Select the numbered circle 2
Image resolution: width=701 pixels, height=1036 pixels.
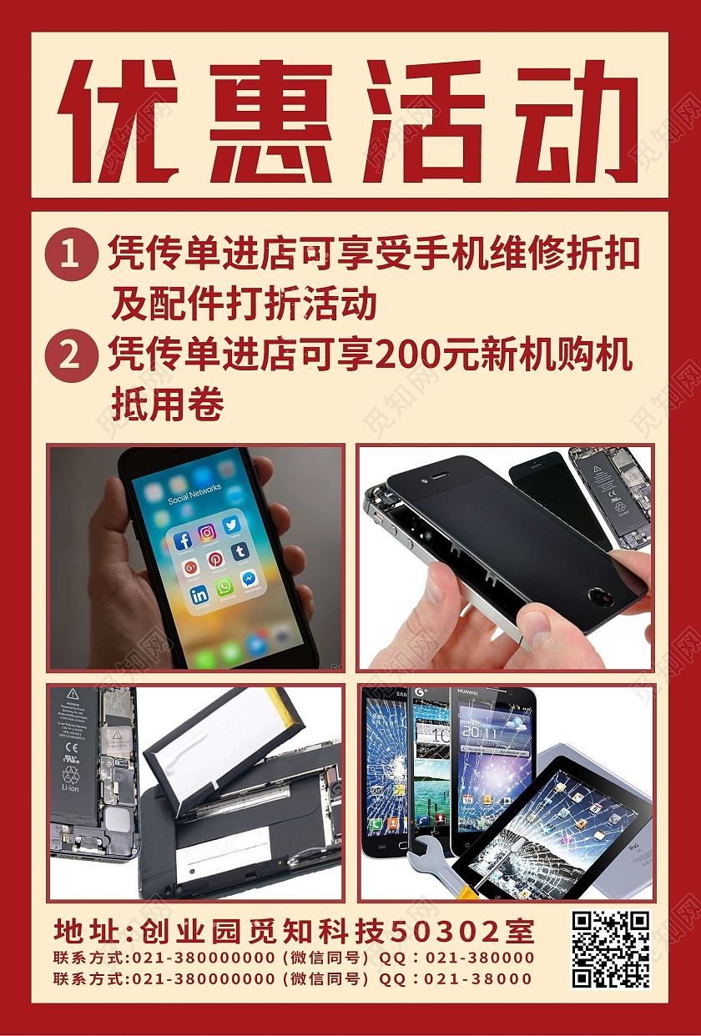click(x=68, y=357)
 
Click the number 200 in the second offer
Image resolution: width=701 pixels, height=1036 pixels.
click(x=406, y=356)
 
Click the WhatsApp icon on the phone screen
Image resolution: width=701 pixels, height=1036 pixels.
click(x=224, y=587)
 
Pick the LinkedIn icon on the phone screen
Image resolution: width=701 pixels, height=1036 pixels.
click(x=199, y=596)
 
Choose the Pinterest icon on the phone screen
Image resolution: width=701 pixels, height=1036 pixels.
click(x=215, y=560)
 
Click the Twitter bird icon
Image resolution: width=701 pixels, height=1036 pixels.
click(x=231, y=525)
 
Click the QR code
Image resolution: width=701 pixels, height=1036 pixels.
click(x=610, y=948)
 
